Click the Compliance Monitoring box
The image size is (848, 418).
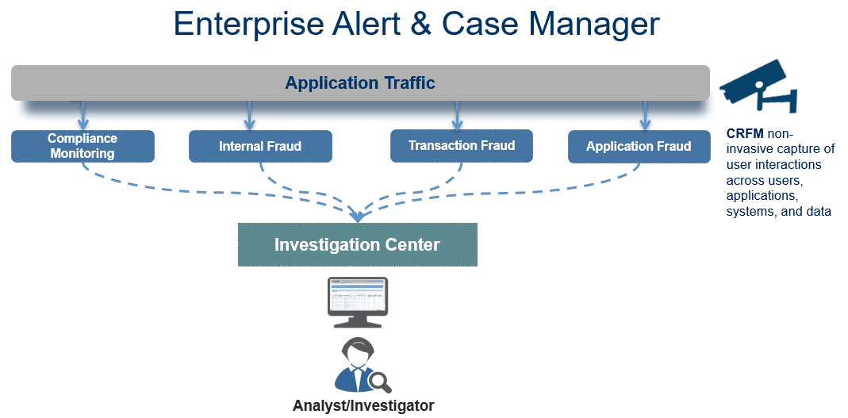point(83,146)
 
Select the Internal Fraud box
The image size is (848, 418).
point(260,147)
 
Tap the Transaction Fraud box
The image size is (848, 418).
point(462,146)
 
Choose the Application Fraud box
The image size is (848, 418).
point(639,147)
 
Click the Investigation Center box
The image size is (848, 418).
point(357,244)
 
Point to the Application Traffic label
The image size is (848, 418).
point(360,82)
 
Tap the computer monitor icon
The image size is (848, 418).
point(357,302)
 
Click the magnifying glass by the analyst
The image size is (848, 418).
point(381,383)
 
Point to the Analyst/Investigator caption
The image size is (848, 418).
point(363,406)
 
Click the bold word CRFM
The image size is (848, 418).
point(745,134)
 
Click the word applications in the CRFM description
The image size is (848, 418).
point(761,196)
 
